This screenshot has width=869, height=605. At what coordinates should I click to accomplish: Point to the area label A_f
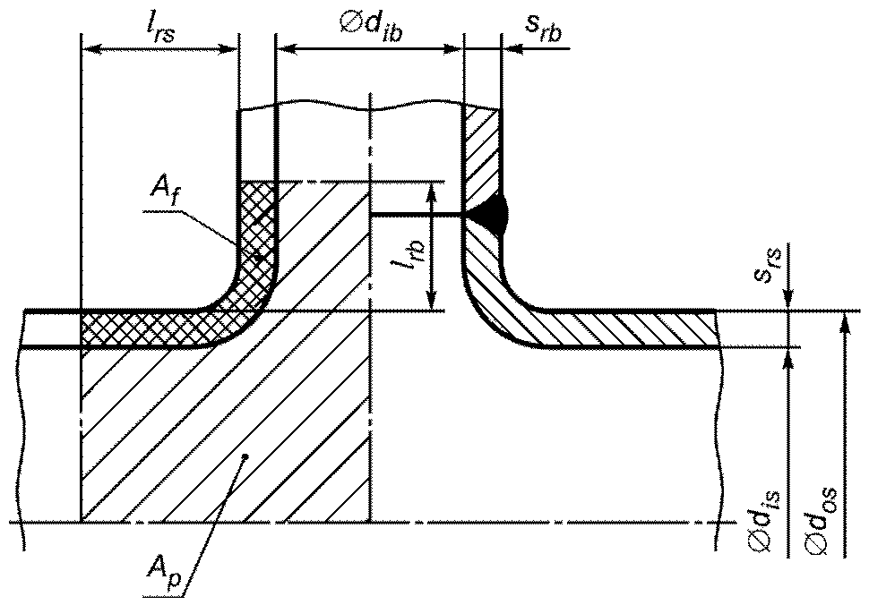[x=164, y=191]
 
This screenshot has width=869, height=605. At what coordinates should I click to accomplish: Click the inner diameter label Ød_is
[x=768, y=520]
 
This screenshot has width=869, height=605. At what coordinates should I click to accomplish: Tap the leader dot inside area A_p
[x=246, y=456]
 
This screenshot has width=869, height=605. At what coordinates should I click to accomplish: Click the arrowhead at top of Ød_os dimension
[x=844, y=321]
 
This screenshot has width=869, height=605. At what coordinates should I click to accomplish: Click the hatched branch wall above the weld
[x=482, y=149]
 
